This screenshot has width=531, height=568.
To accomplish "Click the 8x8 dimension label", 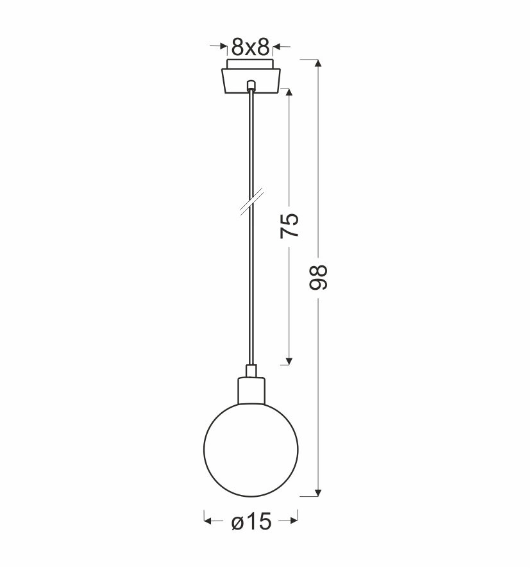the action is (x=251, y=47).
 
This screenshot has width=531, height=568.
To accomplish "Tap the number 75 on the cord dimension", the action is (x=289, y=225).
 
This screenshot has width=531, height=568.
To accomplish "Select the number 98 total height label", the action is (x=318, y=278).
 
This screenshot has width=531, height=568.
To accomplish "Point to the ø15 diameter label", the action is (x=251, y=522).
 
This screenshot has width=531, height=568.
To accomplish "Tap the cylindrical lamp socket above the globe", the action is (x=251, y=390).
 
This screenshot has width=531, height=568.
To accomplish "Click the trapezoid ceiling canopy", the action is (x=251, y=81).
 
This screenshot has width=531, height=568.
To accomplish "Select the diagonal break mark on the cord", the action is (x=251, y=202).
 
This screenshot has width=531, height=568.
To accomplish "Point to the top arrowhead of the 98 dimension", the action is (x=318, y=63).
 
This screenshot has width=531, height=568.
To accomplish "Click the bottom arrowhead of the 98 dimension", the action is (x=318, y=492).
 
